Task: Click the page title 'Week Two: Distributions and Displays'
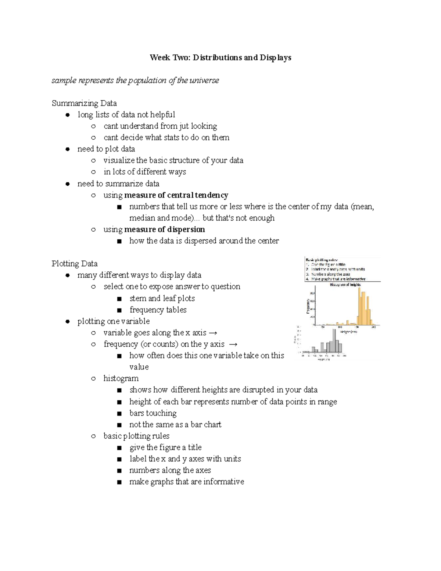pos(220,58)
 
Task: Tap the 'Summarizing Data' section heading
pos(84,103)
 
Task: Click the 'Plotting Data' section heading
pos(75,264)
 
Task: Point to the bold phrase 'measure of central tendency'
pos(176,195)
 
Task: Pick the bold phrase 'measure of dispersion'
pos(165,229)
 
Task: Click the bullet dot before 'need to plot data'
pos(68,149)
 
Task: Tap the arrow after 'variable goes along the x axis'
pos(213,333)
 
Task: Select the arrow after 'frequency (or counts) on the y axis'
pos(233,345)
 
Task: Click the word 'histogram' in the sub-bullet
pos(121,378)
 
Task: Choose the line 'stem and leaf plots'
pos(162,298)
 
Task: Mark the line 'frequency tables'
pos(158,310)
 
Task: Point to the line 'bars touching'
pos(153,413)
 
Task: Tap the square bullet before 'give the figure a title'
pos(119,448)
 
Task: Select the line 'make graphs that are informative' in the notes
pos(187,482)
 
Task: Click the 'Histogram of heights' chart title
pos(345,285)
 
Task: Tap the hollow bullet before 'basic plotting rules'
pos(93,436)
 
